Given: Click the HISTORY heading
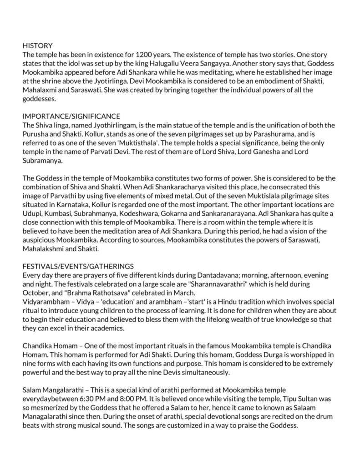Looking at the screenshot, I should click(x=38, y=46).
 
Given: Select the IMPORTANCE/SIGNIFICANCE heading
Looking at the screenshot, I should click(x=71, y=116).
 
